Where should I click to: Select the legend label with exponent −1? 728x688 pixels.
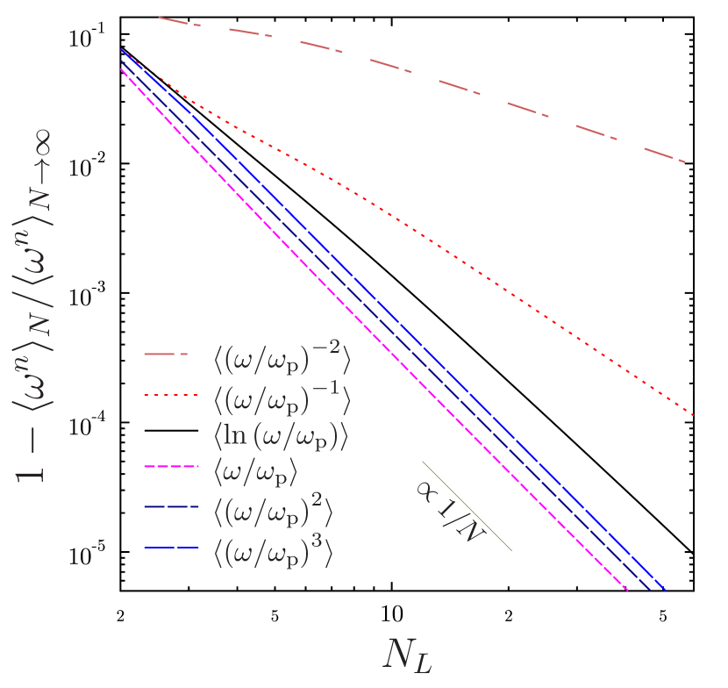click(282, 397)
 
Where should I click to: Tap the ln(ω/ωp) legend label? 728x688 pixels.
click(281, 436)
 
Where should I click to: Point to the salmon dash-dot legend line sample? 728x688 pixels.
click(166, 355)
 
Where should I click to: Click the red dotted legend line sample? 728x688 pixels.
click(166, 396)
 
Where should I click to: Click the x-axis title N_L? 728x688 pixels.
click(408, 655)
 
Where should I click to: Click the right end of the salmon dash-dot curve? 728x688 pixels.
click(684, 161)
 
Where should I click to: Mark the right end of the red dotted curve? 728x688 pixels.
click(694, 415)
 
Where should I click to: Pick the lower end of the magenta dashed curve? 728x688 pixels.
click(628, 591)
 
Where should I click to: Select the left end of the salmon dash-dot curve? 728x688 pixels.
click(160, 18)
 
